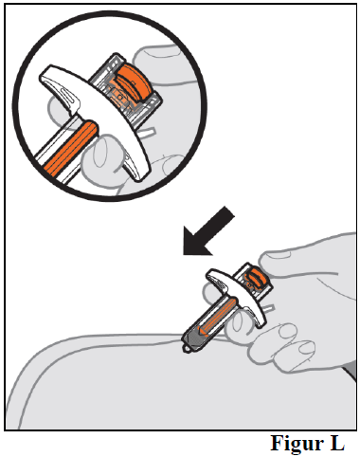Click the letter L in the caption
(336, 443)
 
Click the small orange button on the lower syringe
(257, 277)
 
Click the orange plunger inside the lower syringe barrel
(219, 317)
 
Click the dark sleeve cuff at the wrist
(351, 372)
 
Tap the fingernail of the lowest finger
(306, 347)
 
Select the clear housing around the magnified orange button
(126, 89)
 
